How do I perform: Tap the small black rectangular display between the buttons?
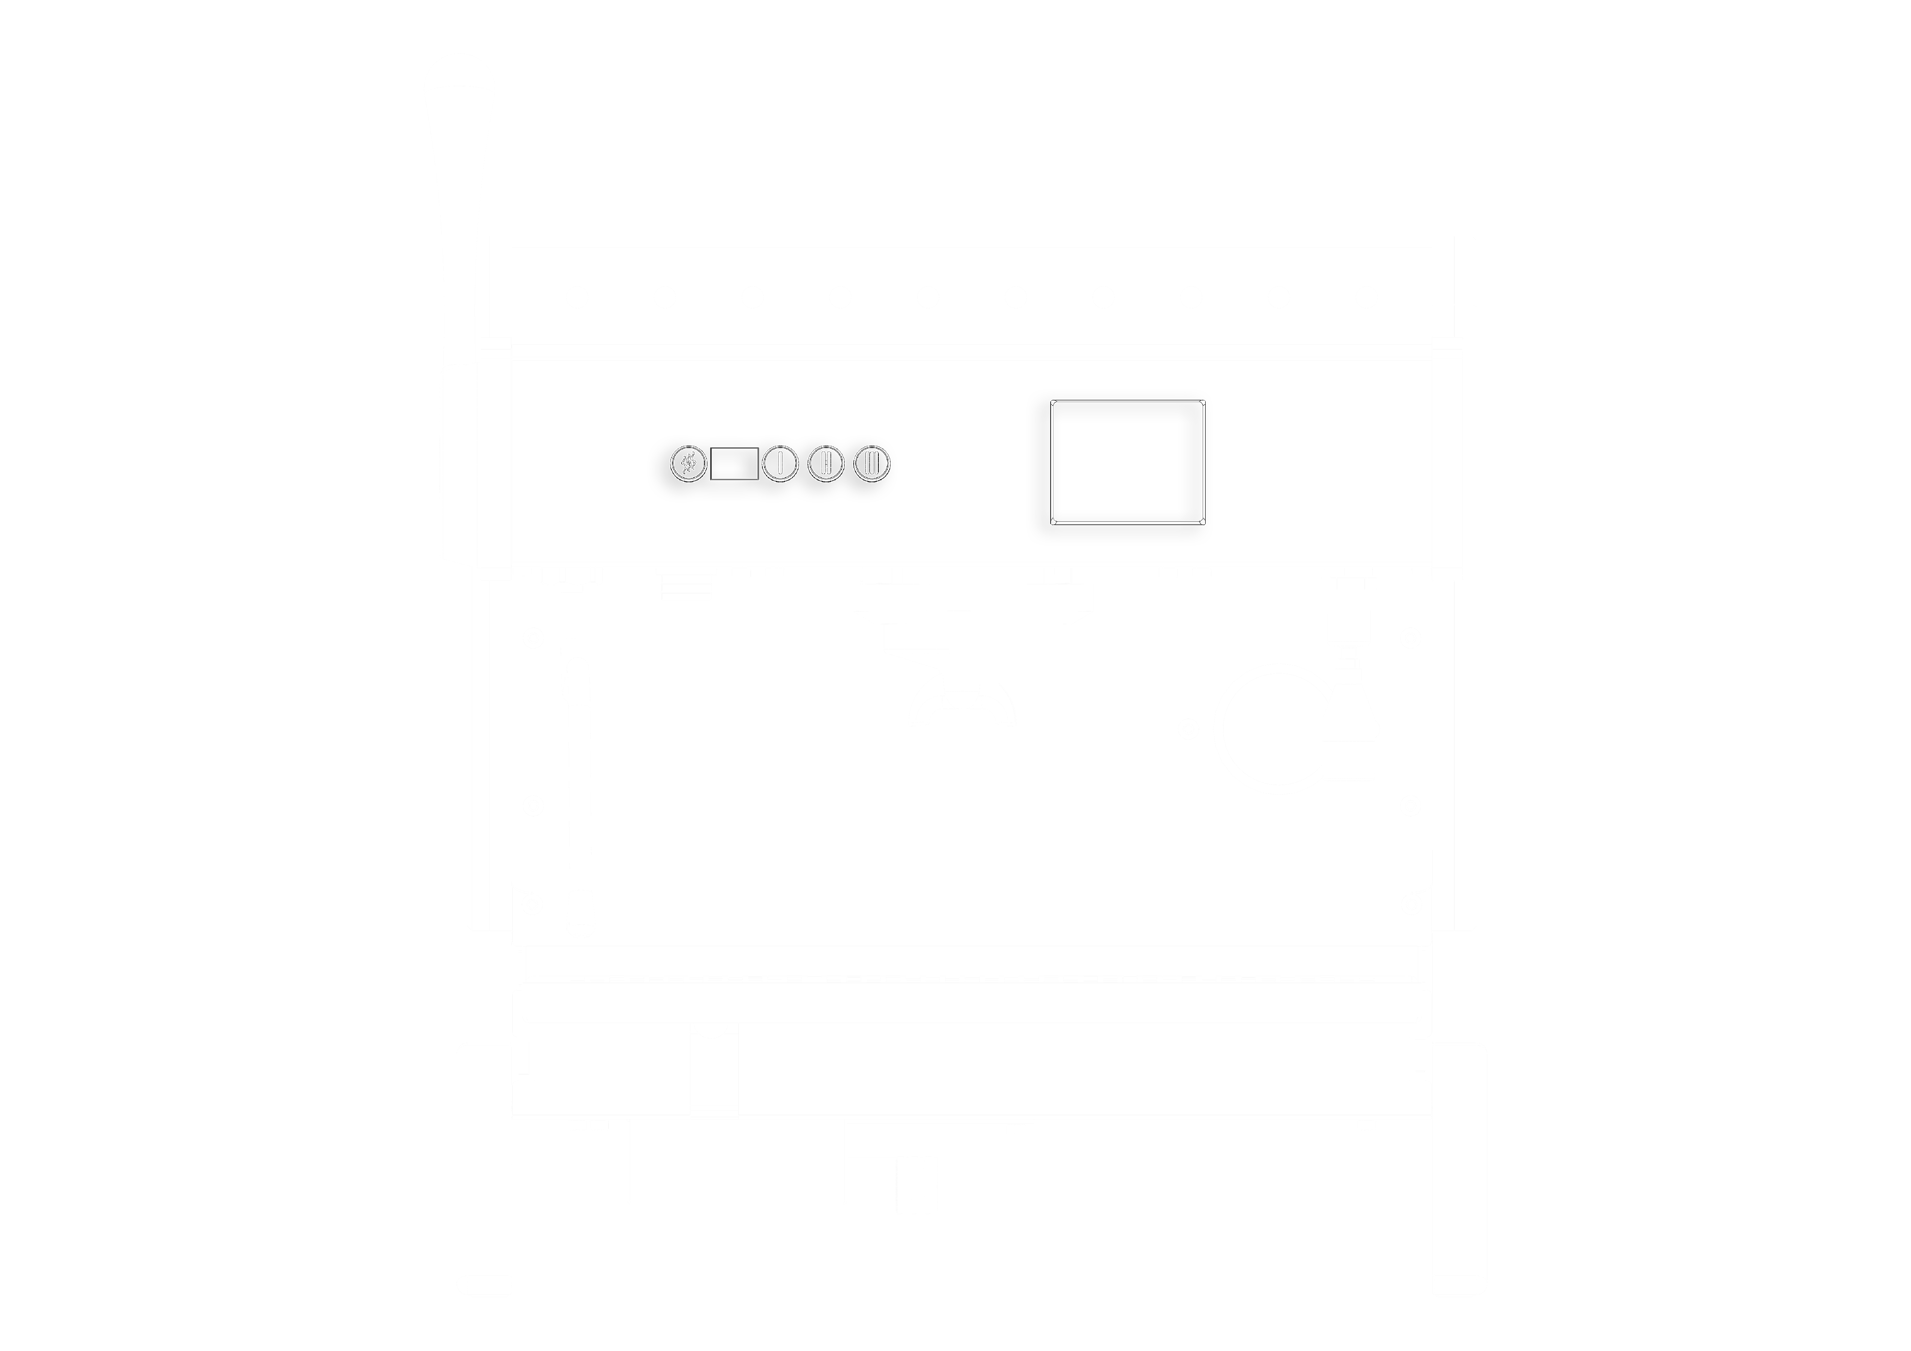click(734, 464)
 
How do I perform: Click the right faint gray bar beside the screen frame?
click(976, 531)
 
